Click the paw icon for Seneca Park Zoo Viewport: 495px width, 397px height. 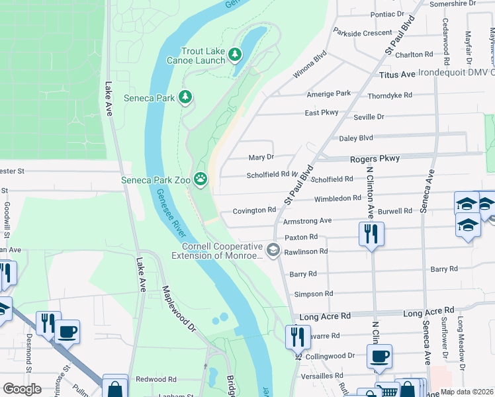coord(200,179)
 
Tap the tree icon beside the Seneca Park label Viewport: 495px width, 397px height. coord(186,98)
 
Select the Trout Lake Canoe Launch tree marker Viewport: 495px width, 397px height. coord(234,54)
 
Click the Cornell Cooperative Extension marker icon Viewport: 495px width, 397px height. coord(273,249)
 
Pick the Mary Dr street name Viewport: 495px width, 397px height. coord(261,157)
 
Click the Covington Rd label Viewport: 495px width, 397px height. coord(254,210)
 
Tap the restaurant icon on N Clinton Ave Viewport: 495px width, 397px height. coord(371,233)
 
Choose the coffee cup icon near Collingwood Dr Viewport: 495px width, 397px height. coord(379,356)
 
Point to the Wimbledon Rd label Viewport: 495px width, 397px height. coord(337,198)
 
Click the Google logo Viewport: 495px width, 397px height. coord(22,389)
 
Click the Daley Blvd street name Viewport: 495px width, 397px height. coord(356,138)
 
